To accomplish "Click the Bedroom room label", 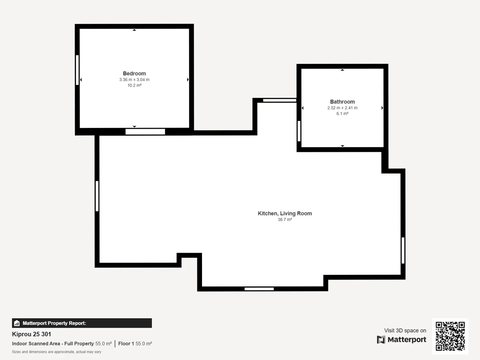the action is pos(134,73).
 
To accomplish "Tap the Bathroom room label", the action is pos(342,102).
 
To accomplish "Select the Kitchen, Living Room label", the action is pos(285,213).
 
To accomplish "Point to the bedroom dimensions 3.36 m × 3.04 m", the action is pos(134,80).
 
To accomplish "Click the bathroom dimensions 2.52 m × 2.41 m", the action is pos(342,108).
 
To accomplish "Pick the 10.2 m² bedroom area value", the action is pos(134,85).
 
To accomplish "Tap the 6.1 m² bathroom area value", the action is pos(342,113).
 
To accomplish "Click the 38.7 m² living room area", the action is pos(285,219).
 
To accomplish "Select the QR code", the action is pos(450,336).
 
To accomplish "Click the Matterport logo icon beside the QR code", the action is pos(381,339).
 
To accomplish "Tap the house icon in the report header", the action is pos(17,323).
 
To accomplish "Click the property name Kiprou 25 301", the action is pos(31,334).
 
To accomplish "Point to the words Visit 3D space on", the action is pos(405,330).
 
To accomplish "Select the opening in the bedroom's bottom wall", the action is pos(145,132).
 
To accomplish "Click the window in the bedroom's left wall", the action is pos(77,70).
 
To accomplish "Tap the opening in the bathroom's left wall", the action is pos(299,131).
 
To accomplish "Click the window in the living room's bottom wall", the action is pos(259,289).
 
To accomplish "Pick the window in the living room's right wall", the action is pos(403,250).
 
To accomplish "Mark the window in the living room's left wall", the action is pos(97,196).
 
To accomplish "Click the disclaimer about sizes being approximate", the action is pos(57,352).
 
